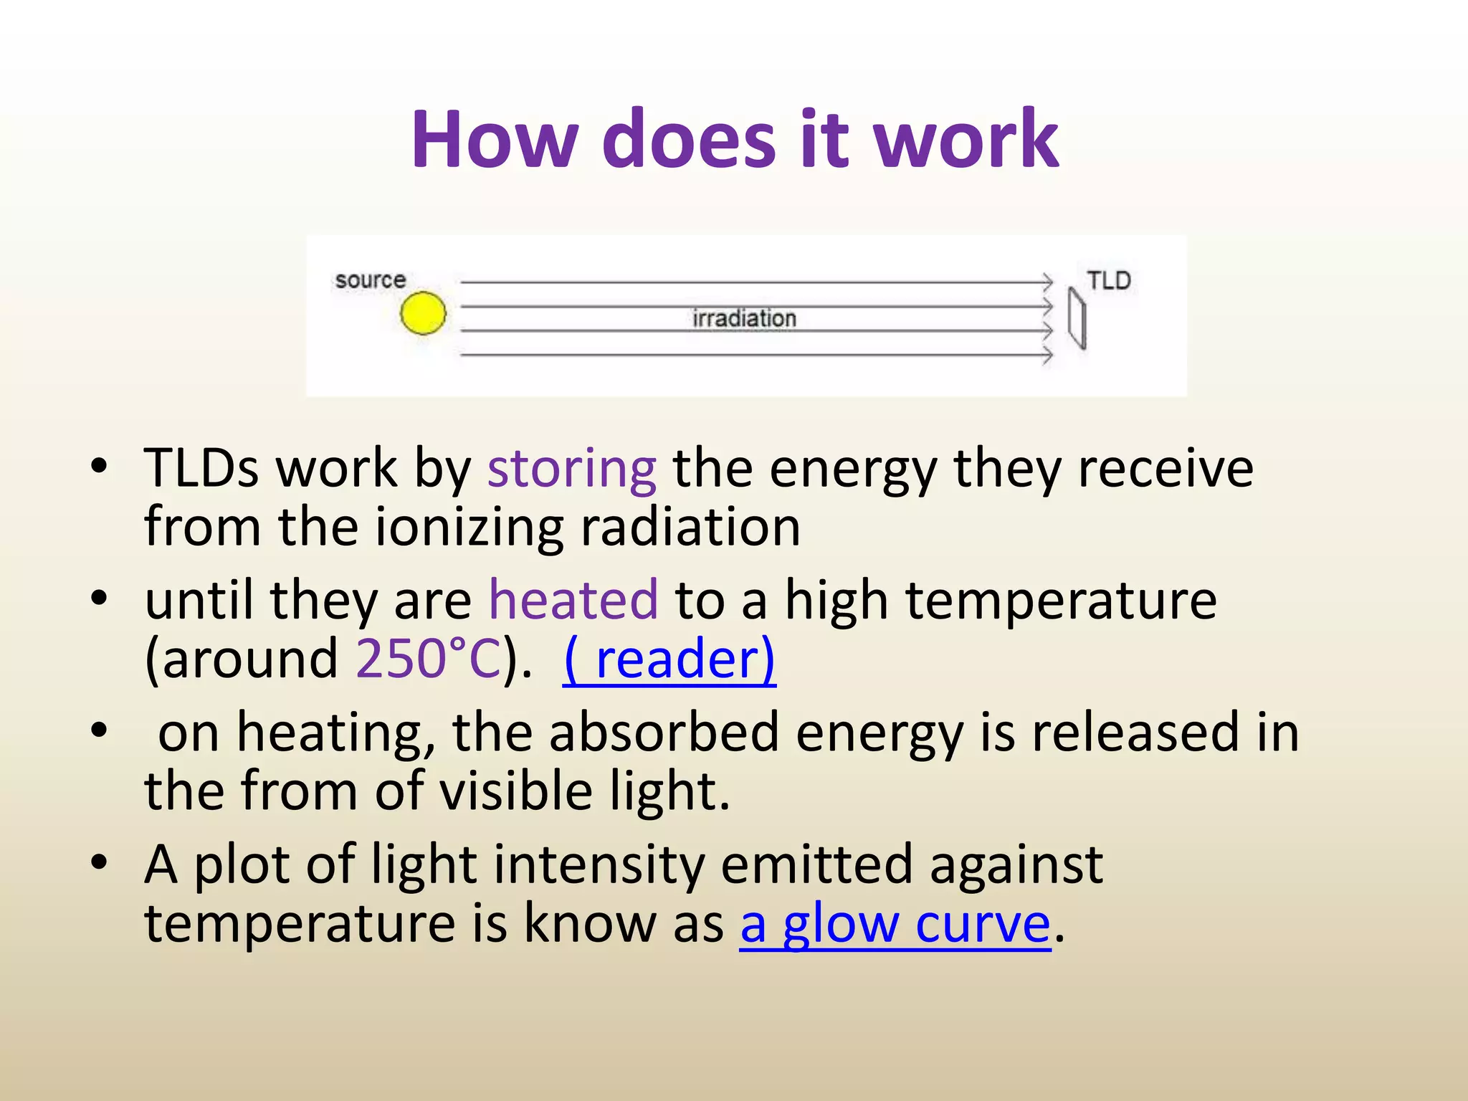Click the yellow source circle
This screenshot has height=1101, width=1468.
tap(423, 313)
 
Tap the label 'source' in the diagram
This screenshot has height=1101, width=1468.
tap(370, 280)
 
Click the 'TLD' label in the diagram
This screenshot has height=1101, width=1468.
tap(1108, 280)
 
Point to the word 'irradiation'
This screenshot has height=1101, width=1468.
tap(744, 318)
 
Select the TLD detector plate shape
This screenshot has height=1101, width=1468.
tap(1077, 318)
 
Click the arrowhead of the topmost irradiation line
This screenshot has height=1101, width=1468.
tap(1048, 282)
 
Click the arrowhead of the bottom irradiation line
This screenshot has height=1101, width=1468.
tap(1048, 355)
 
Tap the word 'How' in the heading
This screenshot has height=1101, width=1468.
tap(495, 139)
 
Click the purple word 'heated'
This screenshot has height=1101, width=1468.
tap(573, 600)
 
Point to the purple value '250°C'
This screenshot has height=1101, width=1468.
tap(429, 659)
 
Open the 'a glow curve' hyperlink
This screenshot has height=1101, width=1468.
tap(895, 923)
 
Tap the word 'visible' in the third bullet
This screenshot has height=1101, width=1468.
tap(515, 791)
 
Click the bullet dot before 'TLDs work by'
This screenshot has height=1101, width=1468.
tap(99, 467)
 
